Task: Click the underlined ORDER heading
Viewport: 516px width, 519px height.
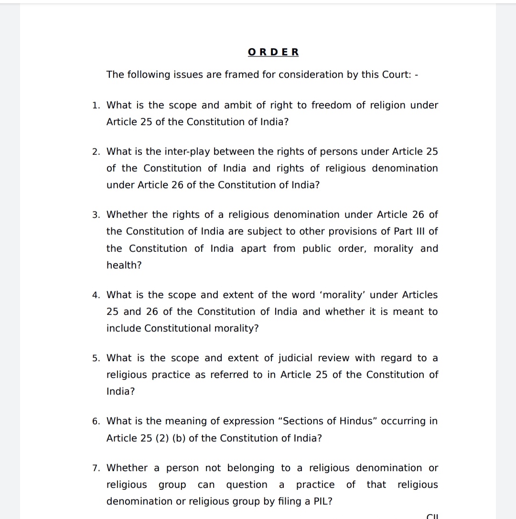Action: point(273,52)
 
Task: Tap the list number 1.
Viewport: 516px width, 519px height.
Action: point(96,105)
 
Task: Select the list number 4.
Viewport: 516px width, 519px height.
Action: point(96,295)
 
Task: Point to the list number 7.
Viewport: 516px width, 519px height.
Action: point(96,468)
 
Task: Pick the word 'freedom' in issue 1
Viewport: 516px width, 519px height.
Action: point(330,105)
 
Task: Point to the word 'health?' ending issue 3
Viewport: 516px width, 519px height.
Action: point(124,265)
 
